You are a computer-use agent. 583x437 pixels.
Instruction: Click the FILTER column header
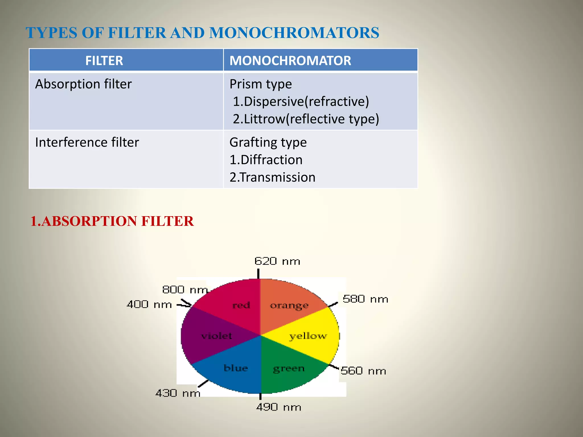point(104,61)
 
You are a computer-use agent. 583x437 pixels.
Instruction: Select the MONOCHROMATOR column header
point(290,61)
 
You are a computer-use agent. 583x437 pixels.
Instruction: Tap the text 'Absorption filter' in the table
point(83,84)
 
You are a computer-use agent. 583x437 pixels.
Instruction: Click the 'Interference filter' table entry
point(87,142)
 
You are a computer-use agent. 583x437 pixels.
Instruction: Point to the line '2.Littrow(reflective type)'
point(306,119)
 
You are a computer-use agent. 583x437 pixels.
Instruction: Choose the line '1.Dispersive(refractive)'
point(301,102)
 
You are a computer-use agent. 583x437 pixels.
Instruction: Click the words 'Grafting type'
point(268,142)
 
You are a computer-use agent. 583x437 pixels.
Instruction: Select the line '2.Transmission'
point(272,177)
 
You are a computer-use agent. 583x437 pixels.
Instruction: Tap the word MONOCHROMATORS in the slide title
point(294,33)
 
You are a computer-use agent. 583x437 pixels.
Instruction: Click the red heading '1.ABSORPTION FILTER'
point(112,221)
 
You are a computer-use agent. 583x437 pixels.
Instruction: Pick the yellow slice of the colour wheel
point(310,336)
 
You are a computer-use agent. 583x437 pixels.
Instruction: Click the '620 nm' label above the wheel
point(277,261)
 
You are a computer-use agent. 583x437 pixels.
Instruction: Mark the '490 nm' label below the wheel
point(278,407)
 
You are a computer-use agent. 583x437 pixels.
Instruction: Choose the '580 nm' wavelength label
point(365,299)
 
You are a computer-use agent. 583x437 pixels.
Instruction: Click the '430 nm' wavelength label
point(178,393)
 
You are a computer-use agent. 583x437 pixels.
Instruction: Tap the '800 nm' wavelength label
point(185,290)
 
